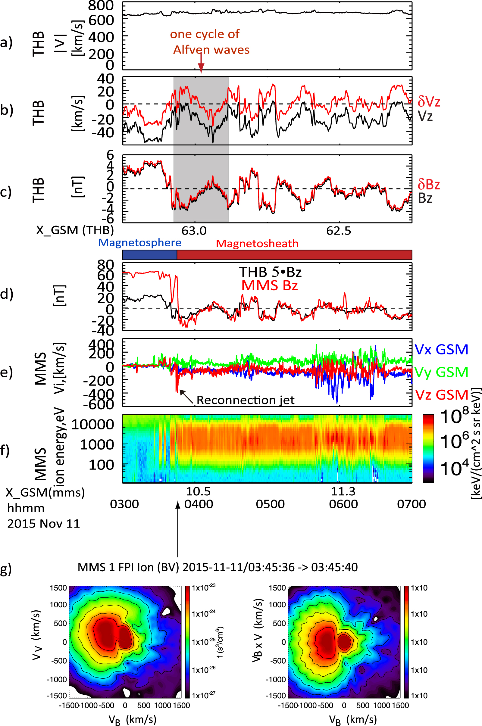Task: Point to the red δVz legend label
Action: click(x=428, y=101)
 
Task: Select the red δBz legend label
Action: click(x=428, y=184)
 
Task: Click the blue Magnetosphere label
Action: click(x=139, y=243)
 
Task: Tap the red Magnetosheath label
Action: click(x=257, y=244)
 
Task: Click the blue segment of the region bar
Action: click(x=150, y=255)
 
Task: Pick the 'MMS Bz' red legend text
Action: click(x=269, y=286)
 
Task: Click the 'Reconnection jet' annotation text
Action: click(x=245, y=400)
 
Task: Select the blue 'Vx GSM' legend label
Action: click(x=441, y=350)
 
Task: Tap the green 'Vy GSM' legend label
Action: click(x=441, y=372)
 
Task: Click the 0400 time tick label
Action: click(x=199, y=504)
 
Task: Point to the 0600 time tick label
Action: click(x=343, y=504)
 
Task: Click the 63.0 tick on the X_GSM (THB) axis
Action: click(x=194, y=230)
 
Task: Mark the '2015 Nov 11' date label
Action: click(x=44, y=524)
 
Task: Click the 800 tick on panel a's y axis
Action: click(x=101, y=5)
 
